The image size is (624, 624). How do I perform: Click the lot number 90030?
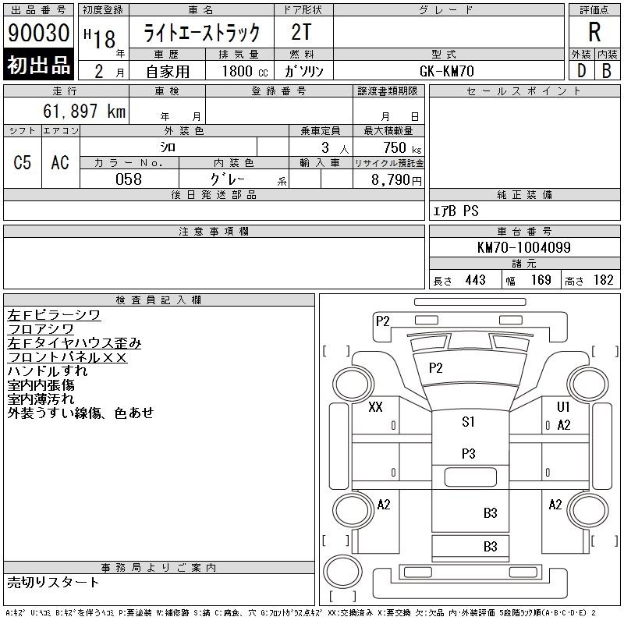tap(38, 33)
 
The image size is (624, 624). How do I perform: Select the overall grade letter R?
tap(594, 32)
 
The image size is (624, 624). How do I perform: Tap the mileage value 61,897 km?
tap(84, 112)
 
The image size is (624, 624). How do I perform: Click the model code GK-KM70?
tap(447, 71)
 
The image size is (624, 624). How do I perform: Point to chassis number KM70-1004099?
tap(524, 247)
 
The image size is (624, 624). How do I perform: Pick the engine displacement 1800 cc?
tap(245, 71)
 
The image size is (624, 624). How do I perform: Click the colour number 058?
tap(129, 179)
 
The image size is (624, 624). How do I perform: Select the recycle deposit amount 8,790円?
tap(396, 179)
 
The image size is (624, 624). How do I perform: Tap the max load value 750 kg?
tap(402, 147)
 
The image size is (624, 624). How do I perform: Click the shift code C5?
tap(23, 162)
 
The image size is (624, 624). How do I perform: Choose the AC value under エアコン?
tap(60, 162)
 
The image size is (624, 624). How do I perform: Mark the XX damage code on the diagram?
tap(375, 407)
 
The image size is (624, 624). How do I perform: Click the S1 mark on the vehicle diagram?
tap(469, 422)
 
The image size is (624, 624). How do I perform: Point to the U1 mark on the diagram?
tap(563, 406)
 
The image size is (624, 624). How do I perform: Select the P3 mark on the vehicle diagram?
tap(469, 453)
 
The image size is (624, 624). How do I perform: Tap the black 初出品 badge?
tap(38, 64)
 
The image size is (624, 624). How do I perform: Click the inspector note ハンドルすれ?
tap(48, 371)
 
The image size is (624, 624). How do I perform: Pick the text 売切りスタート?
tap(53, 583)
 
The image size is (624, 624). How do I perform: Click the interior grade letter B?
tap(607, 71)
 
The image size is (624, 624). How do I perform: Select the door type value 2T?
tap(301, 32)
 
